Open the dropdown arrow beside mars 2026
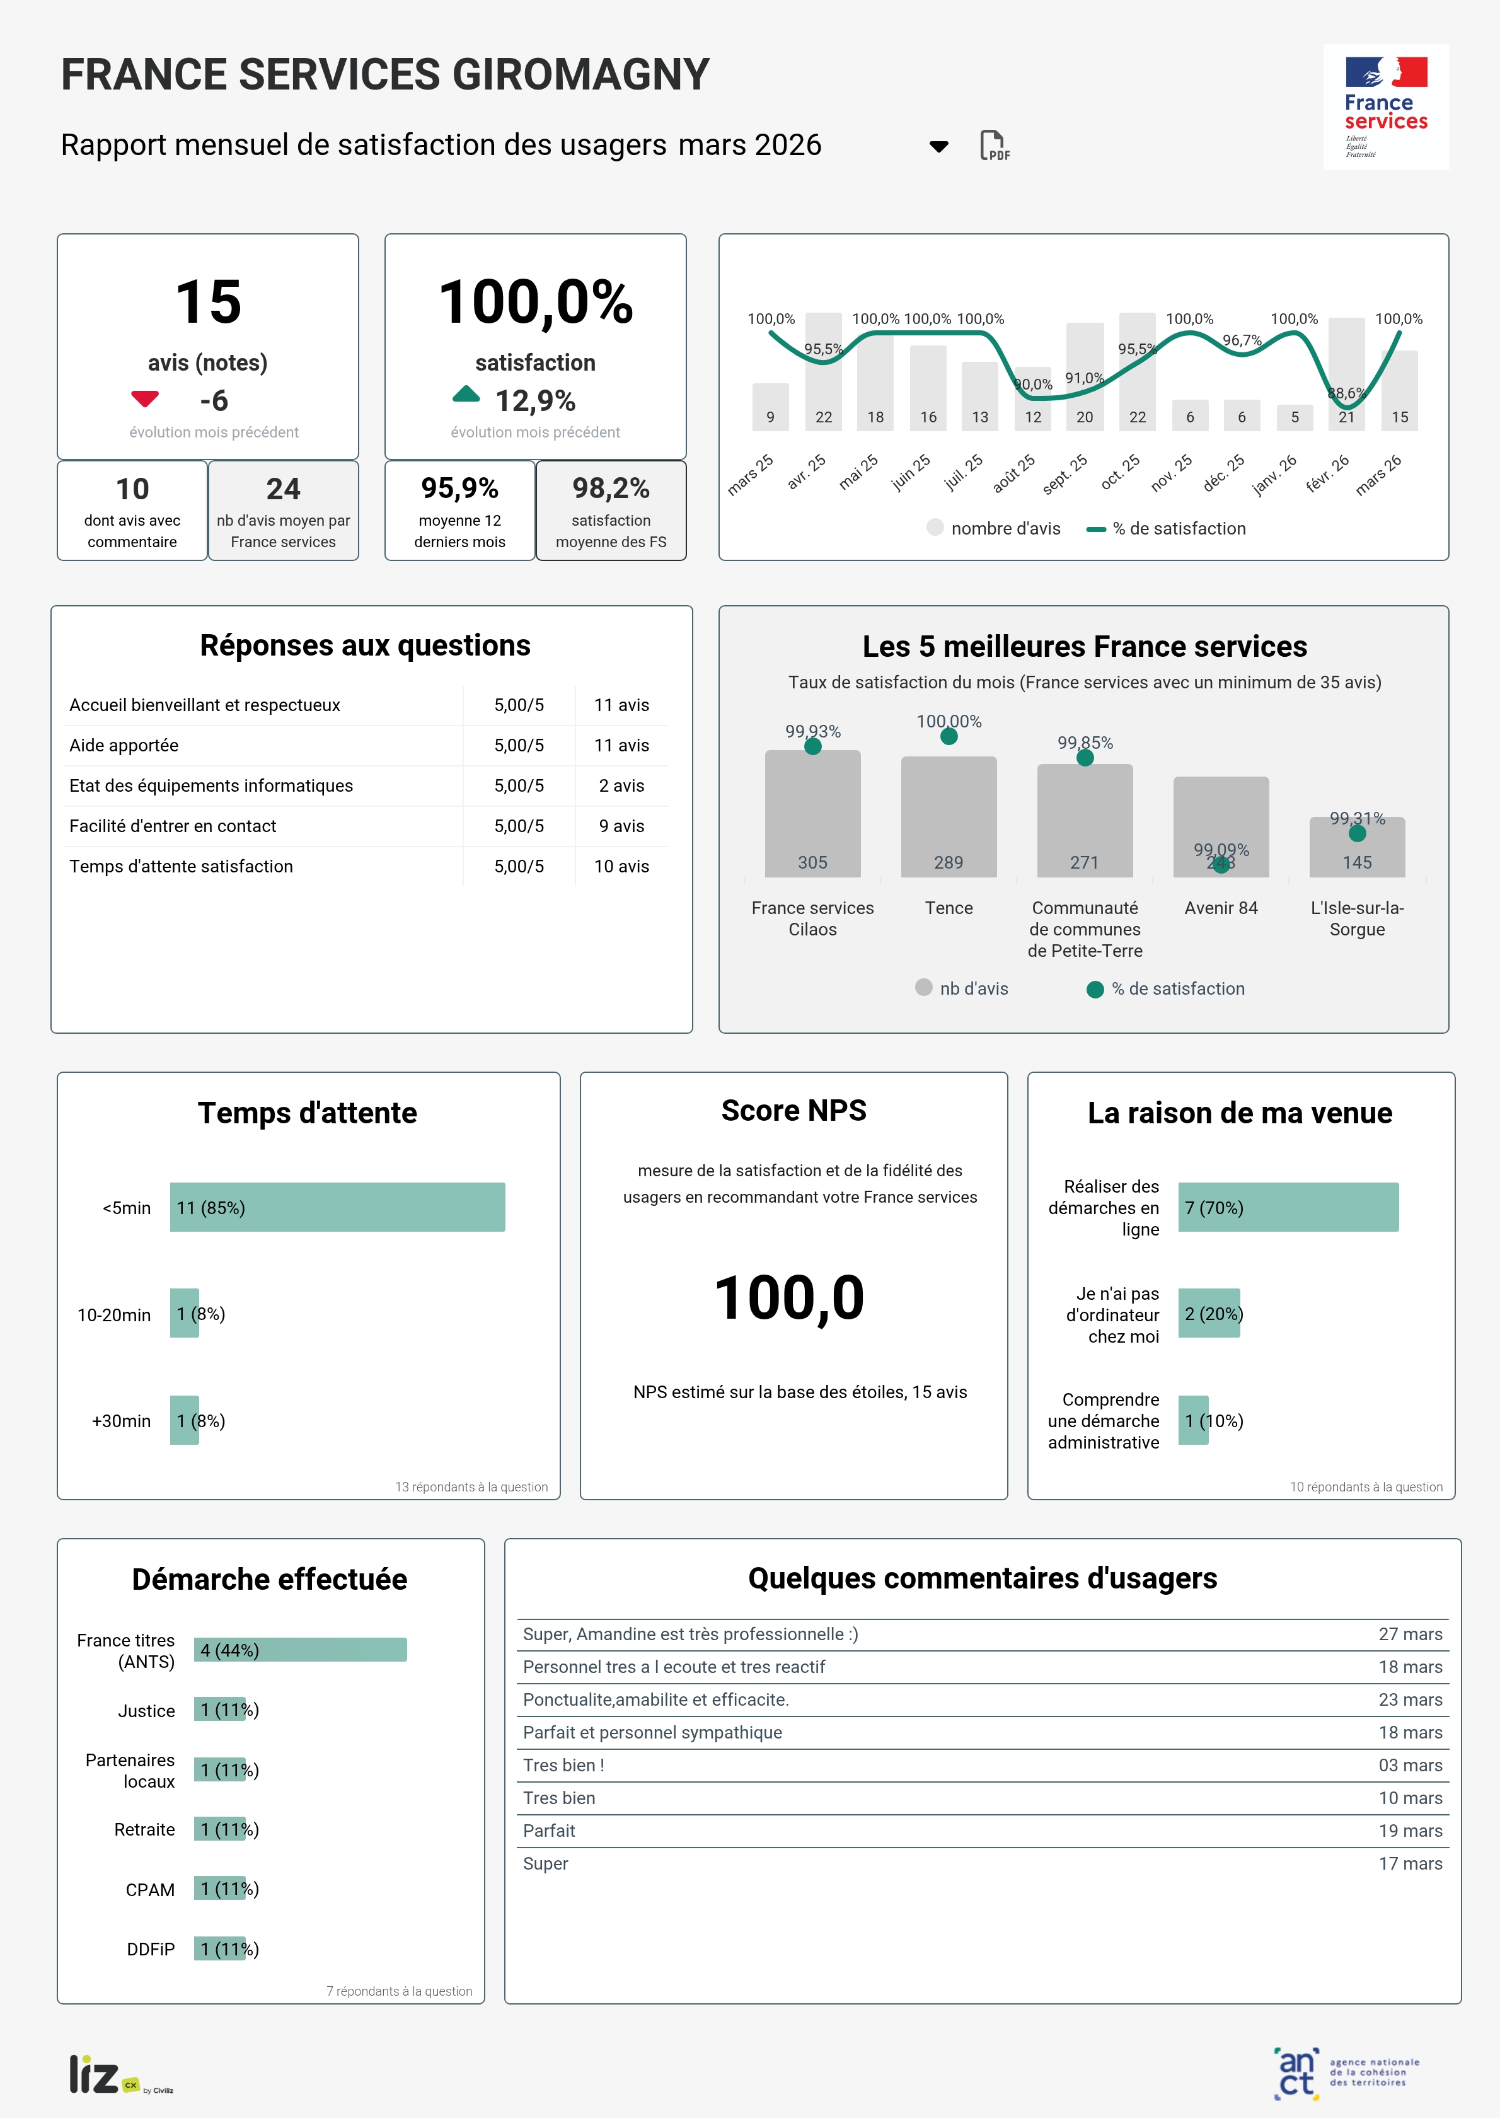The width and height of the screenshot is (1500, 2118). point(938,146)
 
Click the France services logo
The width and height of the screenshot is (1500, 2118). point(1385,107)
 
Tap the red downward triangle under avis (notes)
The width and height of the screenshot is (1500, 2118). point(145,399)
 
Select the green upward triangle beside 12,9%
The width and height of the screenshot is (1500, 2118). point(466,395)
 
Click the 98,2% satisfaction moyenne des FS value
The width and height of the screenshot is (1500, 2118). point(611,488)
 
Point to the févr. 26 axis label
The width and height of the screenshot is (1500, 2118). point(1327,474)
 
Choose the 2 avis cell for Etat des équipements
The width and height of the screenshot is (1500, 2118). point(621,786)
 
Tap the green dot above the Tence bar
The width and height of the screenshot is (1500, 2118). point(949,736)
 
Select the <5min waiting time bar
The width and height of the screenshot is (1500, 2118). point(337,1207)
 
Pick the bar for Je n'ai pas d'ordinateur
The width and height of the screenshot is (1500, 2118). point(1208,1314)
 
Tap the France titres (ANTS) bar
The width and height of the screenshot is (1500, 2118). point(300,1650)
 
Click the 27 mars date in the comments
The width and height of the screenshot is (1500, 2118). point(1409,1634)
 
